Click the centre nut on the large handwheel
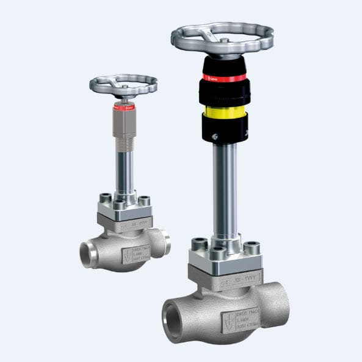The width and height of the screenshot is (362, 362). pyautogui.click(x=225, y=41)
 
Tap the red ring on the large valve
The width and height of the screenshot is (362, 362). pyautogui.click(x=224, y=78)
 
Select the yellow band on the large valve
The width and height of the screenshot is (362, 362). pyautogui.click(x=224, y=112)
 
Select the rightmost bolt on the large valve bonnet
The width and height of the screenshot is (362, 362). pyautogui.click(x=252, y=247)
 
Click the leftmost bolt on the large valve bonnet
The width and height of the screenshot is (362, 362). pyautogui.click(x=198, y=245)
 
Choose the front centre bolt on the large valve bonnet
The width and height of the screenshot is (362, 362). pyautogui.click(x=218, y=253)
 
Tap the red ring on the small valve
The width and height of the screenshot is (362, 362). pyautogui.click(x=123, y=107)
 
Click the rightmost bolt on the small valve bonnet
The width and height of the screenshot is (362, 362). pyautogui.click(x=145, y=201)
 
